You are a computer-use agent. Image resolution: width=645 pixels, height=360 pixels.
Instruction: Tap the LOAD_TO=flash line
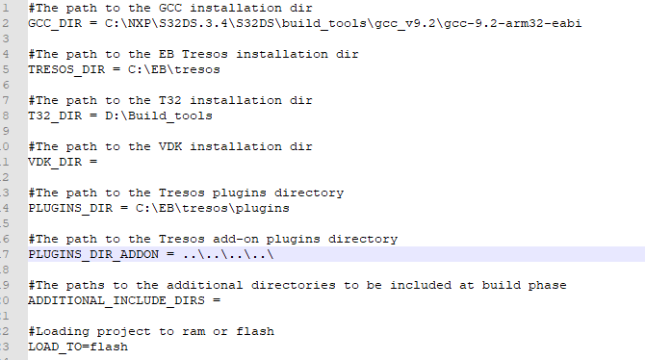[x=78, y=347]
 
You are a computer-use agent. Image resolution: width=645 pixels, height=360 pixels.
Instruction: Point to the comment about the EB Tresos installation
[x=193, y=54]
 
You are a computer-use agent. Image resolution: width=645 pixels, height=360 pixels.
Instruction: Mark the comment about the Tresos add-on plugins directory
[x=213, y=239]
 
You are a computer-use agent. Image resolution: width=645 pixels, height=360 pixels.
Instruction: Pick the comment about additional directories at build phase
[x=297, y=285]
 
